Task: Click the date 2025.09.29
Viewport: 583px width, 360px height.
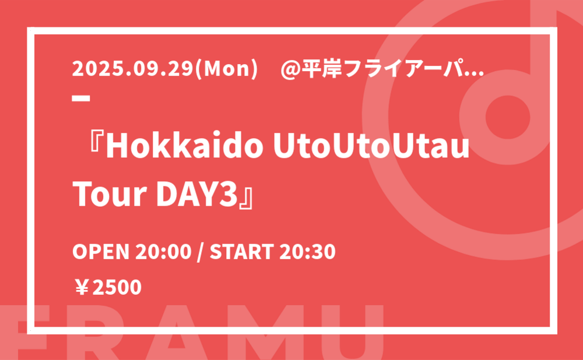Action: pyautogui.click(x=133, y=69)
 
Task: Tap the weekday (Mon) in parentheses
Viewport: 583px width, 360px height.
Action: pyautogui.click(x=226, y=69)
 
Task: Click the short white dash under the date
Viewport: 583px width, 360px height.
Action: pyautogui.click(x=81, y=98)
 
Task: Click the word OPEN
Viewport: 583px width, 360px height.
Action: pyautogui.click(x=101, y=252)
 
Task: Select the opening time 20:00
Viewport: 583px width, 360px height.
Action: pyautogui.click(x=163, y=252)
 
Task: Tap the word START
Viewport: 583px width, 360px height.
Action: pyautogui.click(x=242, y=252)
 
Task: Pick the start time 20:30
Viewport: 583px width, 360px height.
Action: pyautogui.click(x=308, y=252)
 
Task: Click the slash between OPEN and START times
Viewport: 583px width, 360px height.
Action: pyautogui.click(x=201, y=252)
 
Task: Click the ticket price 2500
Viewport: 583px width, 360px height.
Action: pyautogui.click(x=117, y=287)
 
